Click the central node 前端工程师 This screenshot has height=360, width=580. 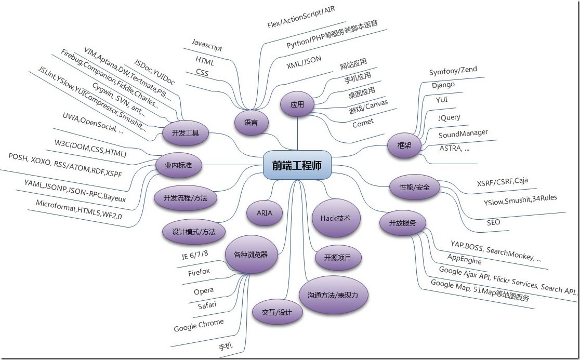click(x=296, y=165)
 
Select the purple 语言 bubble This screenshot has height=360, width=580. click(x=251, y=123)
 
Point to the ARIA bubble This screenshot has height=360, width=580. click(x=265, y=212)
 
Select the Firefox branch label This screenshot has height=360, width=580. click(x=199, y=272)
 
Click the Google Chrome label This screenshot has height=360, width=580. click(x=199, y=326)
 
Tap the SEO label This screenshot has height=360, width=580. click(x=493, y=222)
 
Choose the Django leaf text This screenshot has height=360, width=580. click(x=443, y=85)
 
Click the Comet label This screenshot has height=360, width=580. click(x=363, y=124)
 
